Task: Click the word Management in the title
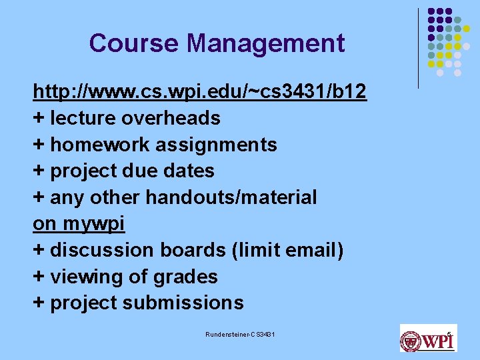pos(266,43)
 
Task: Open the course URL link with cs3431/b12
pos(199,91)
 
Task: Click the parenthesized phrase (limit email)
pos(288,250)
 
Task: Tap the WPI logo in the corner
pos(428,339)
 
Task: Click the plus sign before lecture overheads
pos(39,119)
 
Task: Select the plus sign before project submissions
pos(39,303)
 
